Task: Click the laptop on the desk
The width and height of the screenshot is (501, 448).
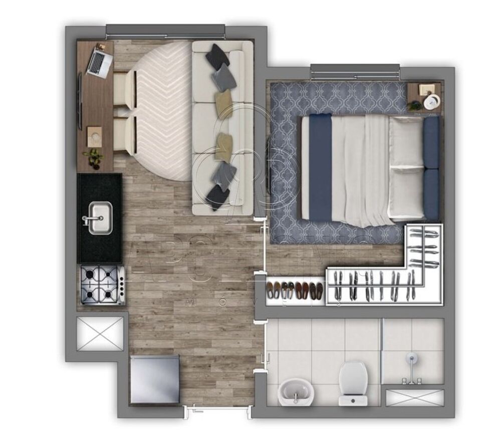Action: pyautogui.click(x=100, y=63)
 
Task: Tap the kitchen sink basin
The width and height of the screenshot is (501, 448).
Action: pyautogui.click(x=100, y=218)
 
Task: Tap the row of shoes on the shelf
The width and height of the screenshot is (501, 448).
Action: pyautogui.click(x=295, y=291)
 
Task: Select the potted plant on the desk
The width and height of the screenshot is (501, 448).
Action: pyautogui.click(x=94, y=157)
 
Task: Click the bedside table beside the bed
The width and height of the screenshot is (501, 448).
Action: pyautogui.click(x=424, y=97)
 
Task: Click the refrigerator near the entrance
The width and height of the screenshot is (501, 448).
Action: pyautogui.click(x=154, y=379)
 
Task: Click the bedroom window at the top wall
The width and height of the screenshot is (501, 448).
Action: pyautogui.click(x=355, y=72)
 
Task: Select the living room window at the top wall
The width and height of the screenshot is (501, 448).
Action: pyautogui.click(x=165, y=31)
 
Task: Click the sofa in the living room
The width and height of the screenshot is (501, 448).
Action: pyautogui.click(x=223, y=128)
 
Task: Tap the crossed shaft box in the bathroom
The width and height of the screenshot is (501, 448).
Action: pyautogui.click(x=415, y=397)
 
